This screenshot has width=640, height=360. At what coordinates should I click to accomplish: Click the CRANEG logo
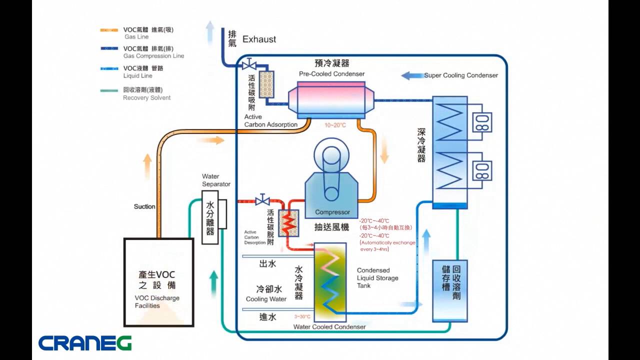pos(85,343)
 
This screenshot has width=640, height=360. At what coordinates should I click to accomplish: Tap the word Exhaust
pos(259,39)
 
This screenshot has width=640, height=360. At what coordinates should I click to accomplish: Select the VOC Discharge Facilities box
pos(158,282)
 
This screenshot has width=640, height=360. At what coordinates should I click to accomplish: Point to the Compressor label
pos(332,212)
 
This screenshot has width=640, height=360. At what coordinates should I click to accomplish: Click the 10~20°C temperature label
pos(335,125)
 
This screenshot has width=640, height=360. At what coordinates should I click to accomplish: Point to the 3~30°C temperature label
pos(302,316)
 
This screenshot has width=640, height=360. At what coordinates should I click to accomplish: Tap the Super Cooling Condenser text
pos(461,75)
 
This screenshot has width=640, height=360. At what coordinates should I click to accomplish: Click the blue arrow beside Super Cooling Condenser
pos(412,75)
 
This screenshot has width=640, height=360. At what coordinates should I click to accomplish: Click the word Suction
pos(144,206)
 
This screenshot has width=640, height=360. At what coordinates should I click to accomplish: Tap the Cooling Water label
pos(266,299)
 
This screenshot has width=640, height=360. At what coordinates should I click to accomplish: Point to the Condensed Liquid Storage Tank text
pos(377,278)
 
